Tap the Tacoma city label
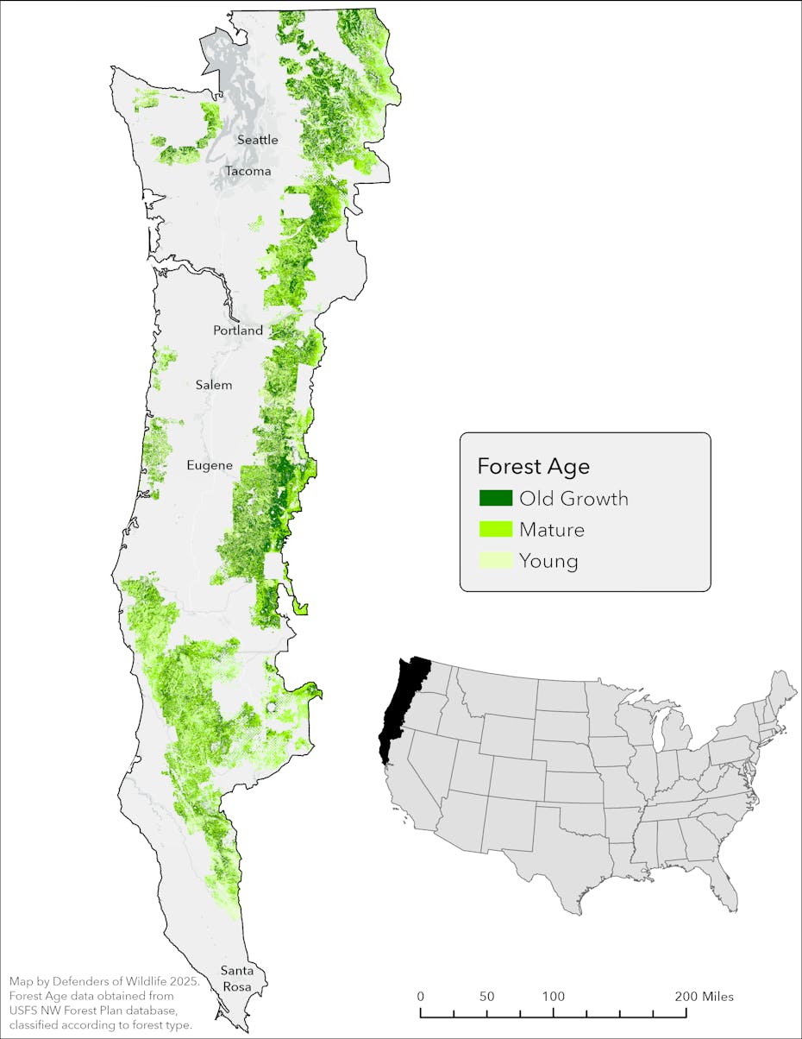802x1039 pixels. point(248,171)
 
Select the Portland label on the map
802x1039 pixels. point(239,331)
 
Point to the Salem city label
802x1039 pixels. point(214,385)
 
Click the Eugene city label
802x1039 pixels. point(210,465)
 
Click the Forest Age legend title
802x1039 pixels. point(533,467)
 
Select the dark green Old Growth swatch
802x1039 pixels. point(496,498)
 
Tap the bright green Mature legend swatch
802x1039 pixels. point(496,529)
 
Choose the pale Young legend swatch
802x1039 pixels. point(496,560)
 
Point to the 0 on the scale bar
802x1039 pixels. point(421,996)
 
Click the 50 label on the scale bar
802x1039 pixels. point(487,996)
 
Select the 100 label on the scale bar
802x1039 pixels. point(553,996)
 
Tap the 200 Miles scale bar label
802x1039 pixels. point(705,996)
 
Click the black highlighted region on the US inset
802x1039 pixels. point(400,708)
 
